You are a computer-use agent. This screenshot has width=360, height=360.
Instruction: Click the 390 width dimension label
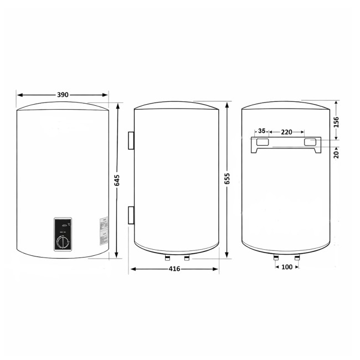point(63,95)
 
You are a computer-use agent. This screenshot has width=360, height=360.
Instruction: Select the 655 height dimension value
point(228,180)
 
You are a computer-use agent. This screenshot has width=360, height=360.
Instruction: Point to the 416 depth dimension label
point(173,270)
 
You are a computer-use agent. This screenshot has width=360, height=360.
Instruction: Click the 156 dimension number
point(336,122)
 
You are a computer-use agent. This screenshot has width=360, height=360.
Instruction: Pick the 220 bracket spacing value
point(286,132)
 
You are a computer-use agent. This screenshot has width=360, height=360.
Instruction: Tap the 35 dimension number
point(263,132)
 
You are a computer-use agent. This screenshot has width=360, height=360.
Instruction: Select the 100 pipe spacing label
point(286,267)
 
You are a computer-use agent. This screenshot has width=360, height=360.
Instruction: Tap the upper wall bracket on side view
point(131,141)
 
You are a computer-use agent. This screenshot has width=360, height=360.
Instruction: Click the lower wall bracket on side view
point(131,215)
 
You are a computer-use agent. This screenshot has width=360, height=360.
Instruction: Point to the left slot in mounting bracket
point(263,143)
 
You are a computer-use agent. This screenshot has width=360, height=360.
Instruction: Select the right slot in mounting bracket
point(311,143)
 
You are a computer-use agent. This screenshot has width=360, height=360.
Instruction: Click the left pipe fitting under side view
point(166,258)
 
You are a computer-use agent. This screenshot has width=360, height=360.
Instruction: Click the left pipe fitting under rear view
point(276,258)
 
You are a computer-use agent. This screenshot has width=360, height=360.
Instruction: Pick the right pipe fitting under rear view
point(297,258)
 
